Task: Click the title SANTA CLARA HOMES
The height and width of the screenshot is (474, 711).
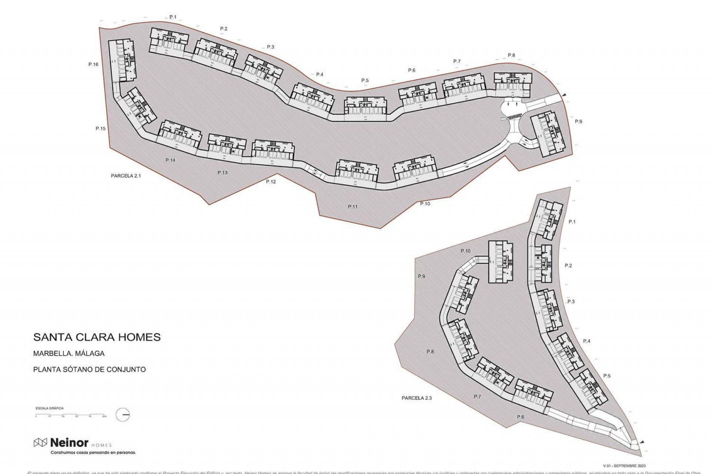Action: [97, 337]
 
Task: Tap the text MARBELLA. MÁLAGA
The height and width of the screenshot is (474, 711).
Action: [69, 353]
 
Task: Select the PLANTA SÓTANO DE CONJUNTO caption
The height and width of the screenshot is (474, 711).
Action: [89, 369]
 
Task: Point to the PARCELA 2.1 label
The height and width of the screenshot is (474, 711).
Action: [126, 176]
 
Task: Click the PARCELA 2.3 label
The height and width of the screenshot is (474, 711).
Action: [417, 398]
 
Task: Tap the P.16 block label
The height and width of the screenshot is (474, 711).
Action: [93, 64]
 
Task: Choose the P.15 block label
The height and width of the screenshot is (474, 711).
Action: [100, 129]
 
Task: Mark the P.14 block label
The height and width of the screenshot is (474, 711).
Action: [170, 160]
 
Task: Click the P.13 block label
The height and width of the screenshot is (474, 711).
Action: [223, 173]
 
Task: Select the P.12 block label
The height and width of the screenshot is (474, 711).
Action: [271, 182]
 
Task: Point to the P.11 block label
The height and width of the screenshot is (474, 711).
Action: [353, 207]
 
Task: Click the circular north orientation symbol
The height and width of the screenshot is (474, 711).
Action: [123, 415]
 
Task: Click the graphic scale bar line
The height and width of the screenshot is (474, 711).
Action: [70, 415]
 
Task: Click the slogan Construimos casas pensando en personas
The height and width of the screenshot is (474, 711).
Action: [93, 453]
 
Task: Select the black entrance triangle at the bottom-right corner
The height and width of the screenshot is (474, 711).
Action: [642, 442]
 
